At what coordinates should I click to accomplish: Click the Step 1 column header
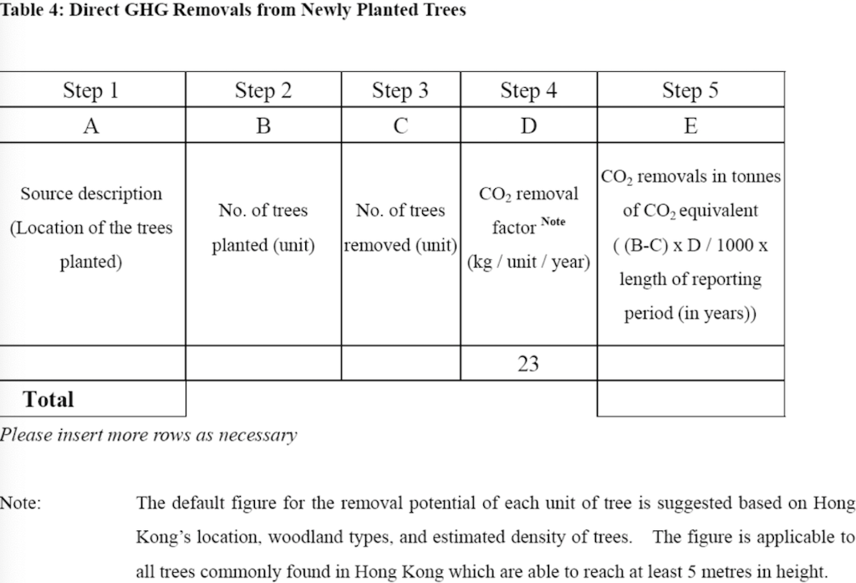point(91,90)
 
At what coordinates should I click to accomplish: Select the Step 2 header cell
point(263,90)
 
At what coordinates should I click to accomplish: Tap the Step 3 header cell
point(400,90)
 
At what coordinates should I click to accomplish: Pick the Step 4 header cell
point(528,90)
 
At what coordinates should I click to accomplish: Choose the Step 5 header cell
point(690,90)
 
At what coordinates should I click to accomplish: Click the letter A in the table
point(91,125)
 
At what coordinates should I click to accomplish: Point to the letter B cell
point(263,125)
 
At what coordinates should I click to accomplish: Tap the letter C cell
point(400,125)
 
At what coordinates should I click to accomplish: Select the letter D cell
point(528,125)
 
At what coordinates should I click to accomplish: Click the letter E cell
point(690,125)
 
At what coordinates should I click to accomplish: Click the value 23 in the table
point(528,364)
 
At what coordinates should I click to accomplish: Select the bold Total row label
point(48,399)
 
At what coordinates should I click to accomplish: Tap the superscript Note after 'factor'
point(553,222)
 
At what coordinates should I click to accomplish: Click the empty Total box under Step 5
point(690,399)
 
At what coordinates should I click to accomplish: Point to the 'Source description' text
point(91,194)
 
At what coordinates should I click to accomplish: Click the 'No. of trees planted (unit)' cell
point(263,228)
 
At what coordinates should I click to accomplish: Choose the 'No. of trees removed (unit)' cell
point(400,228)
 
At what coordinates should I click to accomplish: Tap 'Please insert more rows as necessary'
point(148,435)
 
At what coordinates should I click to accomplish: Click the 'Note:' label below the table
point(21,504)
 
